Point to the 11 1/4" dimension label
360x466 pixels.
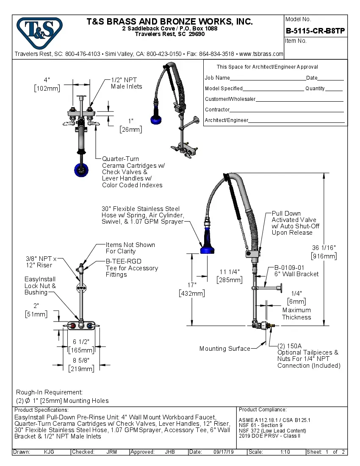(230, 272)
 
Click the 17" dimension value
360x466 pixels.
(192, 285)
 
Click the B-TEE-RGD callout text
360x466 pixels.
(123, 261)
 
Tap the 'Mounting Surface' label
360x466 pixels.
(224, 349)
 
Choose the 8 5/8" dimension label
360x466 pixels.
(81, 361)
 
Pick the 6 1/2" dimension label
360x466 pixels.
(81, 342)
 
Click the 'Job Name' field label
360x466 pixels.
(217, 78)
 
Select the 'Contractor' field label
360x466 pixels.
(217, 110)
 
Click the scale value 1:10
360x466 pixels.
(285, 452)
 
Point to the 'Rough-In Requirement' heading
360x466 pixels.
(49, 392)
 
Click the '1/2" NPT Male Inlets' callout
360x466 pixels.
(126, 83)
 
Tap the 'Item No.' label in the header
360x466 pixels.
(296, 41)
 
